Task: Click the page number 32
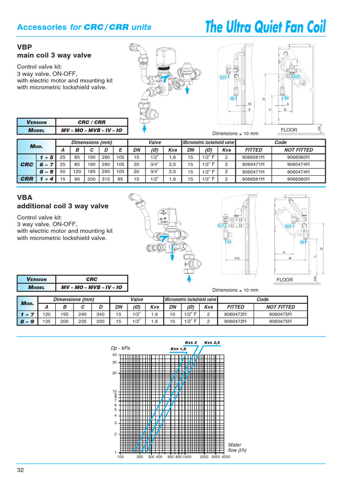point(21,470)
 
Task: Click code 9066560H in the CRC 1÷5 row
point(299,157)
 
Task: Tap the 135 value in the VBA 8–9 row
point(47,322)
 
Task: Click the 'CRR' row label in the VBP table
point(26,179)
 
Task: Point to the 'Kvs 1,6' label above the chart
point(179,349)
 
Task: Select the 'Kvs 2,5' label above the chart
point(212,343)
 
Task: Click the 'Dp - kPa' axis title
point(120,348)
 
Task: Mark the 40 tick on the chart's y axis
point(114,355)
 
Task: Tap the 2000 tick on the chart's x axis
point(204,457)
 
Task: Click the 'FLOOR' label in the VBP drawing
point(289,130)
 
